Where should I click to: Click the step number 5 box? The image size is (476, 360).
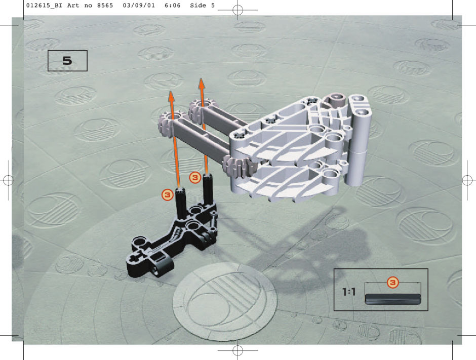(67, 61)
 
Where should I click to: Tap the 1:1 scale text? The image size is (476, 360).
(349, 292)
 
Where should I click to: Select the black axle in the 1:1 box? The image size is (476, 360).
(393, 299)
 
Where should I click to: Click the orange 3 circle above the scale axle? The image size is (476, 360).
(393, 283)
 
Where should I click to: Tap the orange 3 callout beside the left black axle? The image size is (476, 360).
(167, 195)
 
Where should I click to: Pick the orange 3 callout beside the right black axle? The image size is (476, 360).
(195, 178)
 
